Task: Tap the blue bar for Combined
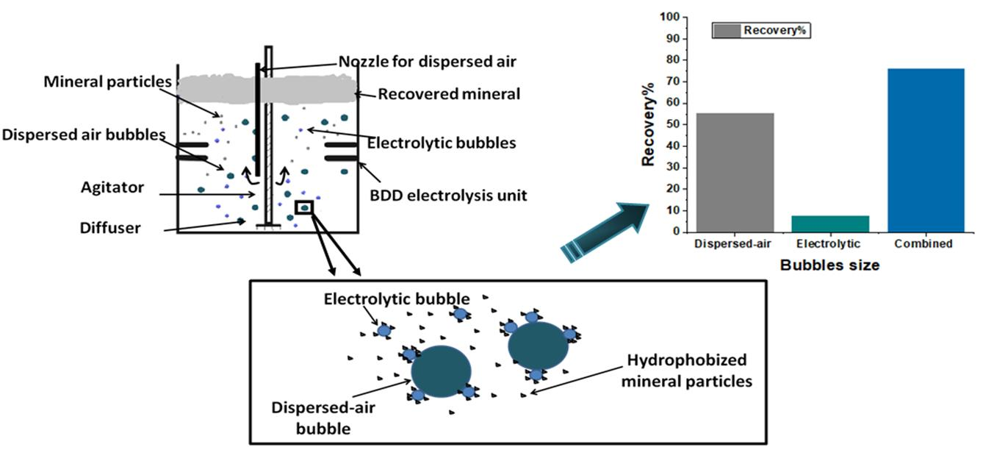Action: [919, 150]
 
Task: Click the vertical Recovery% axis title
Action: [648, 124]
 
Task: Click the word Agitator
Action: [112, 187]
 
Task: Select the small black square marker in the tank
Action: [303, 207]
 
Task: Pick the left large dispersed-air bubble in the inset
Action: [441, 371]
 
